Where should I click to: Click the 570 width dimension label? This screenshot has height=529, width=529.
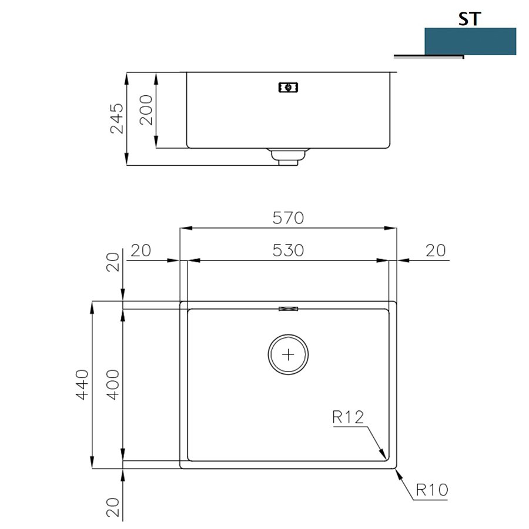tap(288, 218)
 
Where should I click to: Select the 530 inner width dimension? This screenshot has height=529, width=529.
tap(288, 250)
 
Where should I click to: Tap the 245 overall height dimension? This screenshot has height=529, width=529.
tap(117, 118)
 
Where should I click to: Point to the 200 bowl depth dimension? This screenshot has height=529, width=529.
tap(146, 110)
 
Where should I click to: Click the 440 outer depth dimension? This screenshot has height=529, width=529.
tap(82, 384)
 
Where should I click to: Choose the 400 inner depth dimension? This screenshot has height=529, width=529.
tap(113, 384)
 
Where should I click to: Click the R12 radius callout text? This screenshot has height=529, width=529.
tap(348, 417)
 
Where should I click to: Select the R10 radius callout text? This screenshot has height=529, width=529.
tap(432, 490)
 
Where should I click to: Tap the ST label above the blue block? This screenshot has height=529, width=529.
tap(469, 19)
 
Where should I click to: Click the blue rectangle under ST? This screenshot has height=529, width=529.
tap(470, 41)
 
